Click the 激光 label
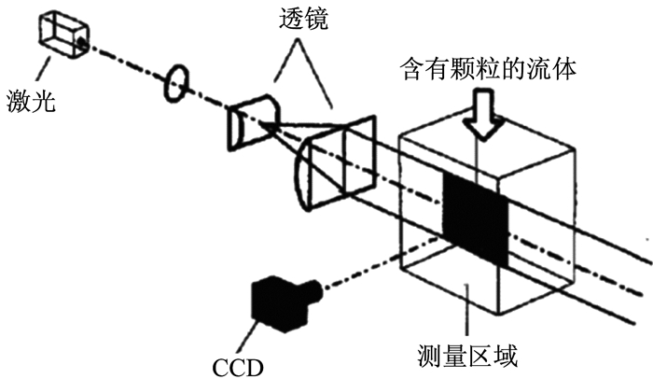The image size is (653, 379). (31, 101)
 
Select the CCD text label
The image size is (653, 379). (238, 367)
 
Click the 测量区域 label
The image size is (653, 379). (467, 356)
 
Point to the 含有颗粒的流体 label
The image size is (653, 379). (488, 68)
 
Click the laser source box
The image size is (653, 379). (63, 35)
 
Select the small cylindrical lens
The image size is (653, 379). (253, 121)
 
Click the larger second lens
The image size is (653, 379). (336, 163)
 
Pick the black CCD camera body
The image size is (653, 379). (280, 303)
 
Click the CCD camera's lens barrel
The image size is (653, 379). (315, 290)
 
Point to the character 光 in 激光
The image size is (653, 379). (44, 101)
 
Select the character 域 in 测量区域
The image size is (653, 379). (506, 356)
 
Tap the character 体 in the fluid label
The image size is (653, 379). (564, 68)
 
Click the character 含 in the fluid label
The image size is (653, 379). (411, 68)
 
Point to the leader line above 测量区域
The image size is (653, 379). (466, 310)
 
